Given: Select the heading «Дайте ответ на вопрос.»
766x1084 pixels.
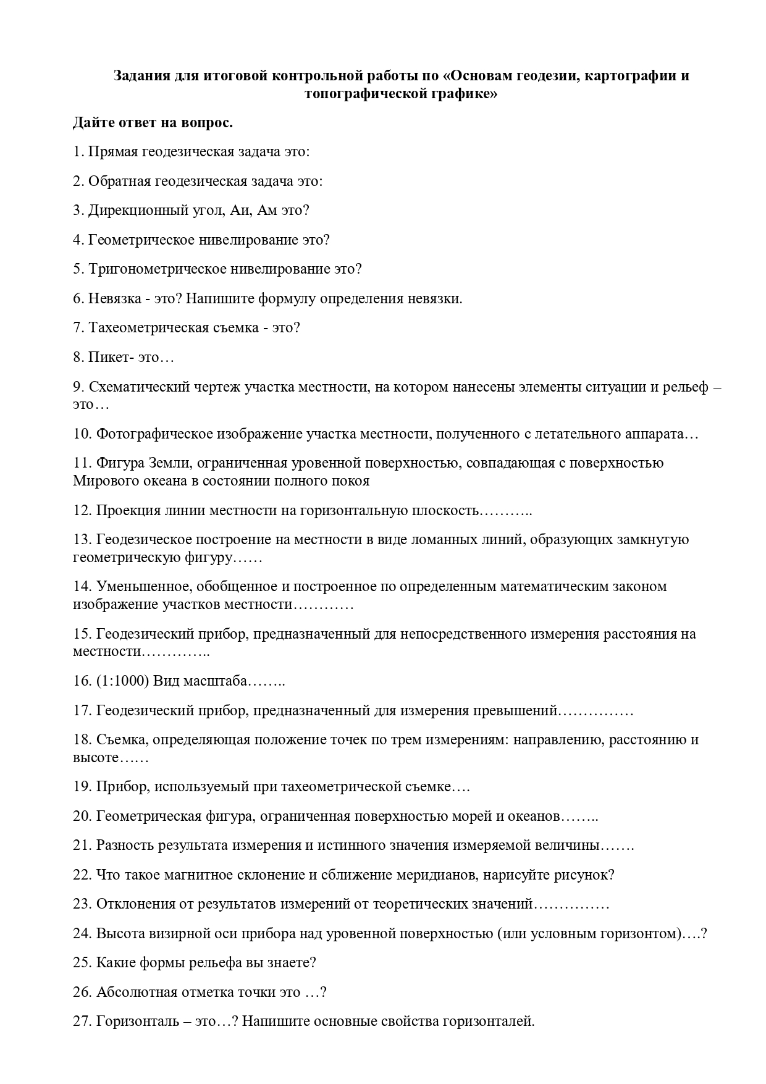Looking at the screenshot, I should [x=153, y=122].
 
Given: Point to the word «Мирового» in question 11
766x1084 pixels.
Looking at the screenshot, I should [x=103, y=481].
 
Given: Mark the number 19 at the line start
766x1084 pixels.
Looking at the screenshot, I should [x=82, y=787].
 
